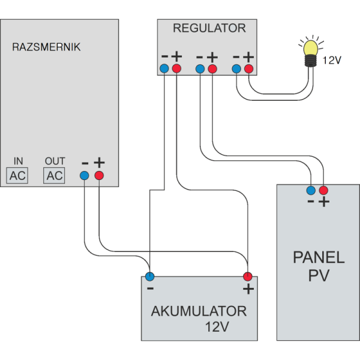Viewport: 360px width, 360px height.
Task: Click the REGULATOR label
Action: click(209, 28)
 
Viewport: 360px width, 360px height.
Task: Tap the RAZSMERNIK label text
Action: click(46, 47)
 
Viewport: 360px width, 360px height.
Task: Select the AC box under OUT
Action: click(55, 175)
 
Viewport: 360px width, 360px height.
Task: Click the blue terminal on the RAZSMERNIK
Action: click(85, 175)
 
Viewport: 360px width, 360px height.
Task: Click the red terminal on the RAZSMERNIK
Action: click(99, 175)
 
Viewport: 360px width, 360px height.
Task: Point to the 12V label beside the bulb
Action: click(332, 61)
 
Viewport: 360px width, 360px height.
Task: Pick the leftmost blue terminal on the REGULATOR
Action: click(165, 69)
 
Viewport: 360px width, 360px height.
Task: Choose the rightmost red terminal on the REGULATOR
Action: click(248, 69)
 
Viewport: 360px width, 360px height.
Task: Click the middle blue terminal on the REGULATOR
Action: click(200, 69)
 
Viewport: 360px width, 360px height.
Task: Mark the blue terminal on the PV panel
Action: click(311, 191)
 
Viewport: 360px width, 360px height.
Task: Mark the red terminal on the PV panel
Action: click(324, 191)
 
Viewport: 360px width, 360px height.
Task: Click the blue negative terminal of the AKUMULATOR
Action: click(150, 277)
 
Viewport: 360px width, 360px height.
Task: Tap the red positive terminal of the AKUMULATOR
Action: click(247, 277)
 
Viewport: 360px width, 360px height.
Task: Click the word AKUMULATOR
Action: click(199, 311)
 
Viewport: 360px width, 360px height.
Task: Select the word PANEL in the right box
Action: click(319, 258)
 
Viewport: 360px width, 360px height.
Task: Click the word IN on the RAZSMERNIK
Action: click(18, 161)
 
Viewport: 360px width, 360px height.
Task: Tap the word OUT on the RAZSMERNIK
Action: click(55, 161)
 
